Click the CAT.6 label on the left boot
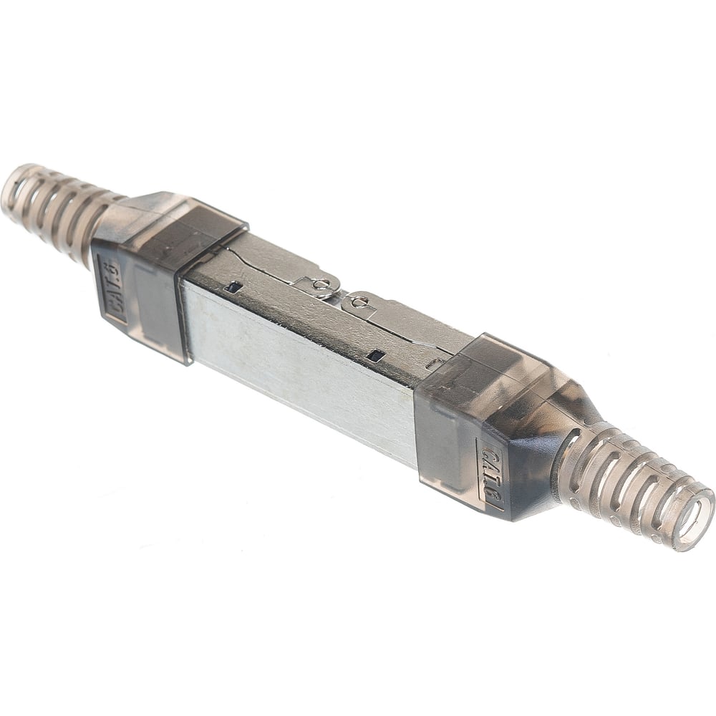[x=113, y=290]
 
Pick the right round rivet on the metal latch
[x=360, y=301]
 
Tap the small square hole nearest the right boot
[x=377, y=354]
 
